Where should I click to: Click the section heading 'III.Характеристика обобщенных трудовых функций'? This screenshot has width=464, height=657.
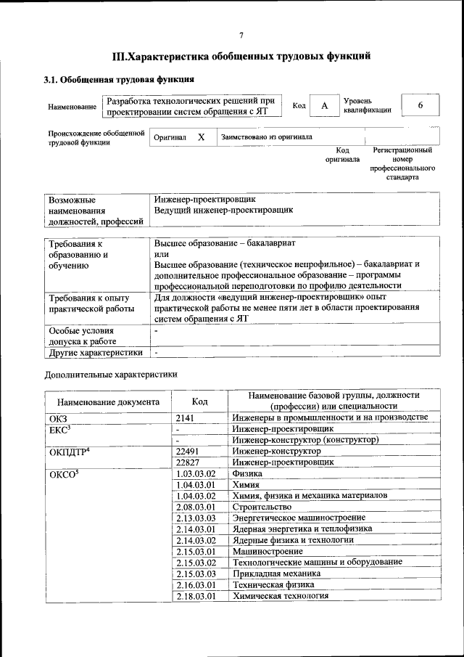241,56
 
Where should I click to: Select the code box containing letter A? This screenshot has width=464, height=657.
325,106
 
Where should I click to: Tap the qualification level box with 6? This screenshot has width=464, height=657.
420,105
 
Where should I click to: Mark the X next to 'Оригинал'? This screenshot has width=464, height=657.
202,136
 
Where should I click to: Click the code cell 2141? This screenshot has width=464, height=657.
186,418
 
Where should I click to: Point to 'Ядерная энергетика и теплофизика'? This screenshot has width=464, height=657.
302,529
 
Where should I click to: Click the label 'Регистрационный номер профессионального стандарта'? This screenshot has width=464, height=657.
402,163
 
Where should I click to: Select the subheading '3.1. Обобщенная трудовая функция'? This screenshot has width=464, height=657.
119,79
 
